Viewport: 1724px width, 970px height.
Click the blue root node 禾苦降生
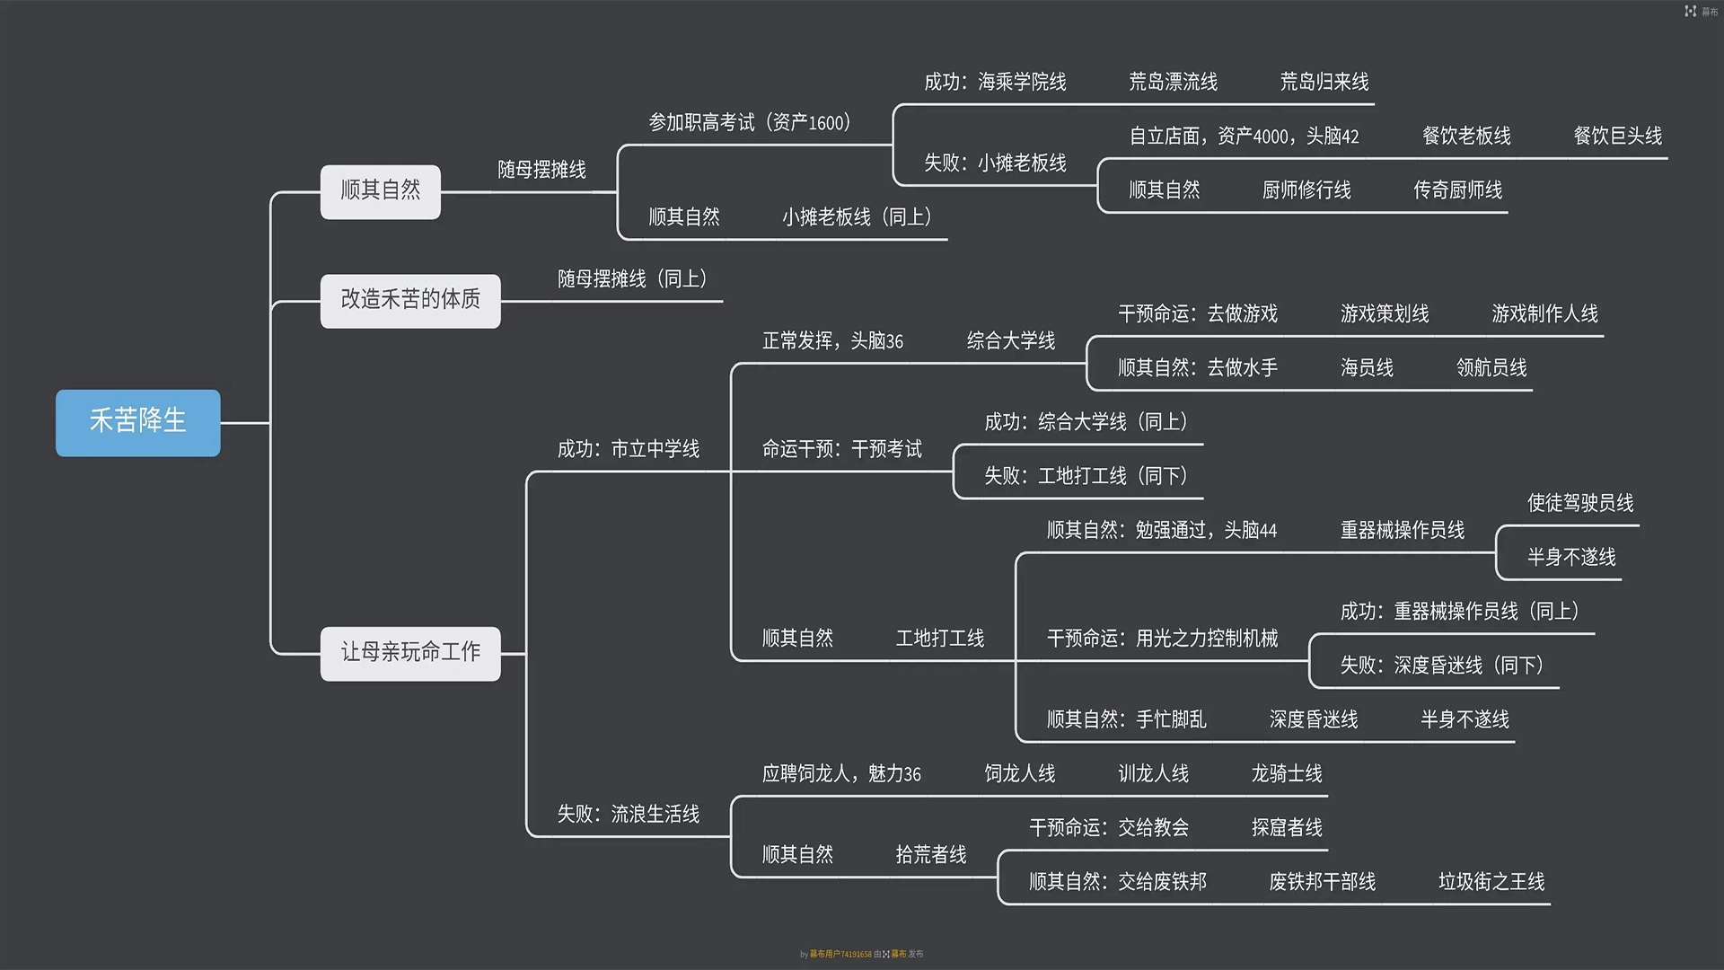[137, 422]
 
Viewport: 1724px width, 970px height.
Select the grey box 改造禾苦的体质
[410, 300]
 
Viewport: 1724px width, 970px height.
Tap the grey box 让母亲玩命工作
[410, 653]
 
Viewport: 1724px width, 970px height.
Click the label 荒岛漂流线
[1173, 83]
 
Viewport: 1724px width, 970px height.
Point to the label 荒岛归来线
[1324, 83]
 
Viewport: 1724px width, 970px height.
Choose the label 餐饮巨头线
[1617, 137]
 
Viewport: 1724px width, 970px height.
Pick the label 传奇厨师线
[1457, 190]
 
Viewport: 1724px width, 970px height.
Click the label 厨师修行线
[1306, 190]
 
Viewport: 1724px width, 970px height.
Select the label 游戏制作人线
[1544, 314]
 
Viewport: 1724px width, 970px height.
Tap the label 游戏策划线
[1385, 314]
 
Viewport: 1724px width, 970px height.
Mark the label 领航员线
[1491, 368]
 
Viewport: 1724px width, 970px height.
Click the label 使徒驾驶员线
[1580, 503]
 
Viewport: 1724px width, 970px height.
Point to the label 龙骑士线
[1287, 774]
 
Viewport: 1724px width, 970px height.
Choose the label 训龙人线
[1153, 774]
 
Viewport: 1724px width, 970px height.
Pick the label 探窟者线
[1287, 828]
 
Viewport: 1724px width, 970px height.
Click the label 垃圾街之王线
[1491, 882]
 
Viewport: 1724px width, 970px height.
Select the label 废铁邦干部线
[1322, 882]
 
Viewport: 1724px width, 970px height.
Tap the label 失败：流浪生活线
[628, 815]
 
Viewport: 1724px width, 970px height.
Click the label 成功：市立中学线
[628, 449]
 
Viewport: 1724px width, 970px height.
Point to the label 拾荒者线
[931, 855]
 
